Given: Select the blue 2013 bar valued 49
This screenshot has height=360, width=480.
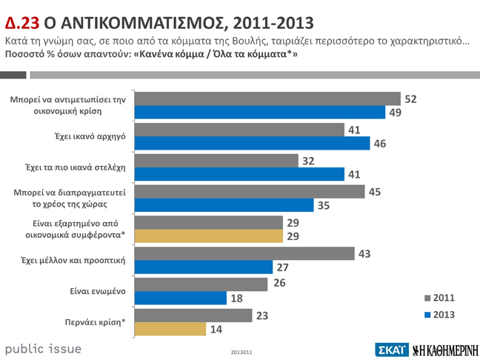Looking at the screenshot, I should point(260,112).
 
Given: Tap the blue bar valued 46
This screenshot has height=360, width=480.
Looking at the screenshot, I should point(252,143).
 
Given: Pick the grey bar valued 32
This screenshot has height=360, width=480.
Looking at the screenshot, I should point(216,161).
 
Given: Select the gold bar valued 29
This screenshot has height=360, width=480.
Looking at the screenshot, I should point(208,236).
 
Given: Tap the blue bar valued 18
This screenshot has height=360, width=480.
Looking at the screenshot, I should point(180,298).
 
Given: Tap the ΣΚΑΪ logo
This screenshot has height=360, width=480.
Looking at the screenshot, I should point(391,349).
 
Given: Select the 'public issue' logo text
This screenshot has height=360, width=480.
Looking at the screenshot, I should point(44,348).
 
